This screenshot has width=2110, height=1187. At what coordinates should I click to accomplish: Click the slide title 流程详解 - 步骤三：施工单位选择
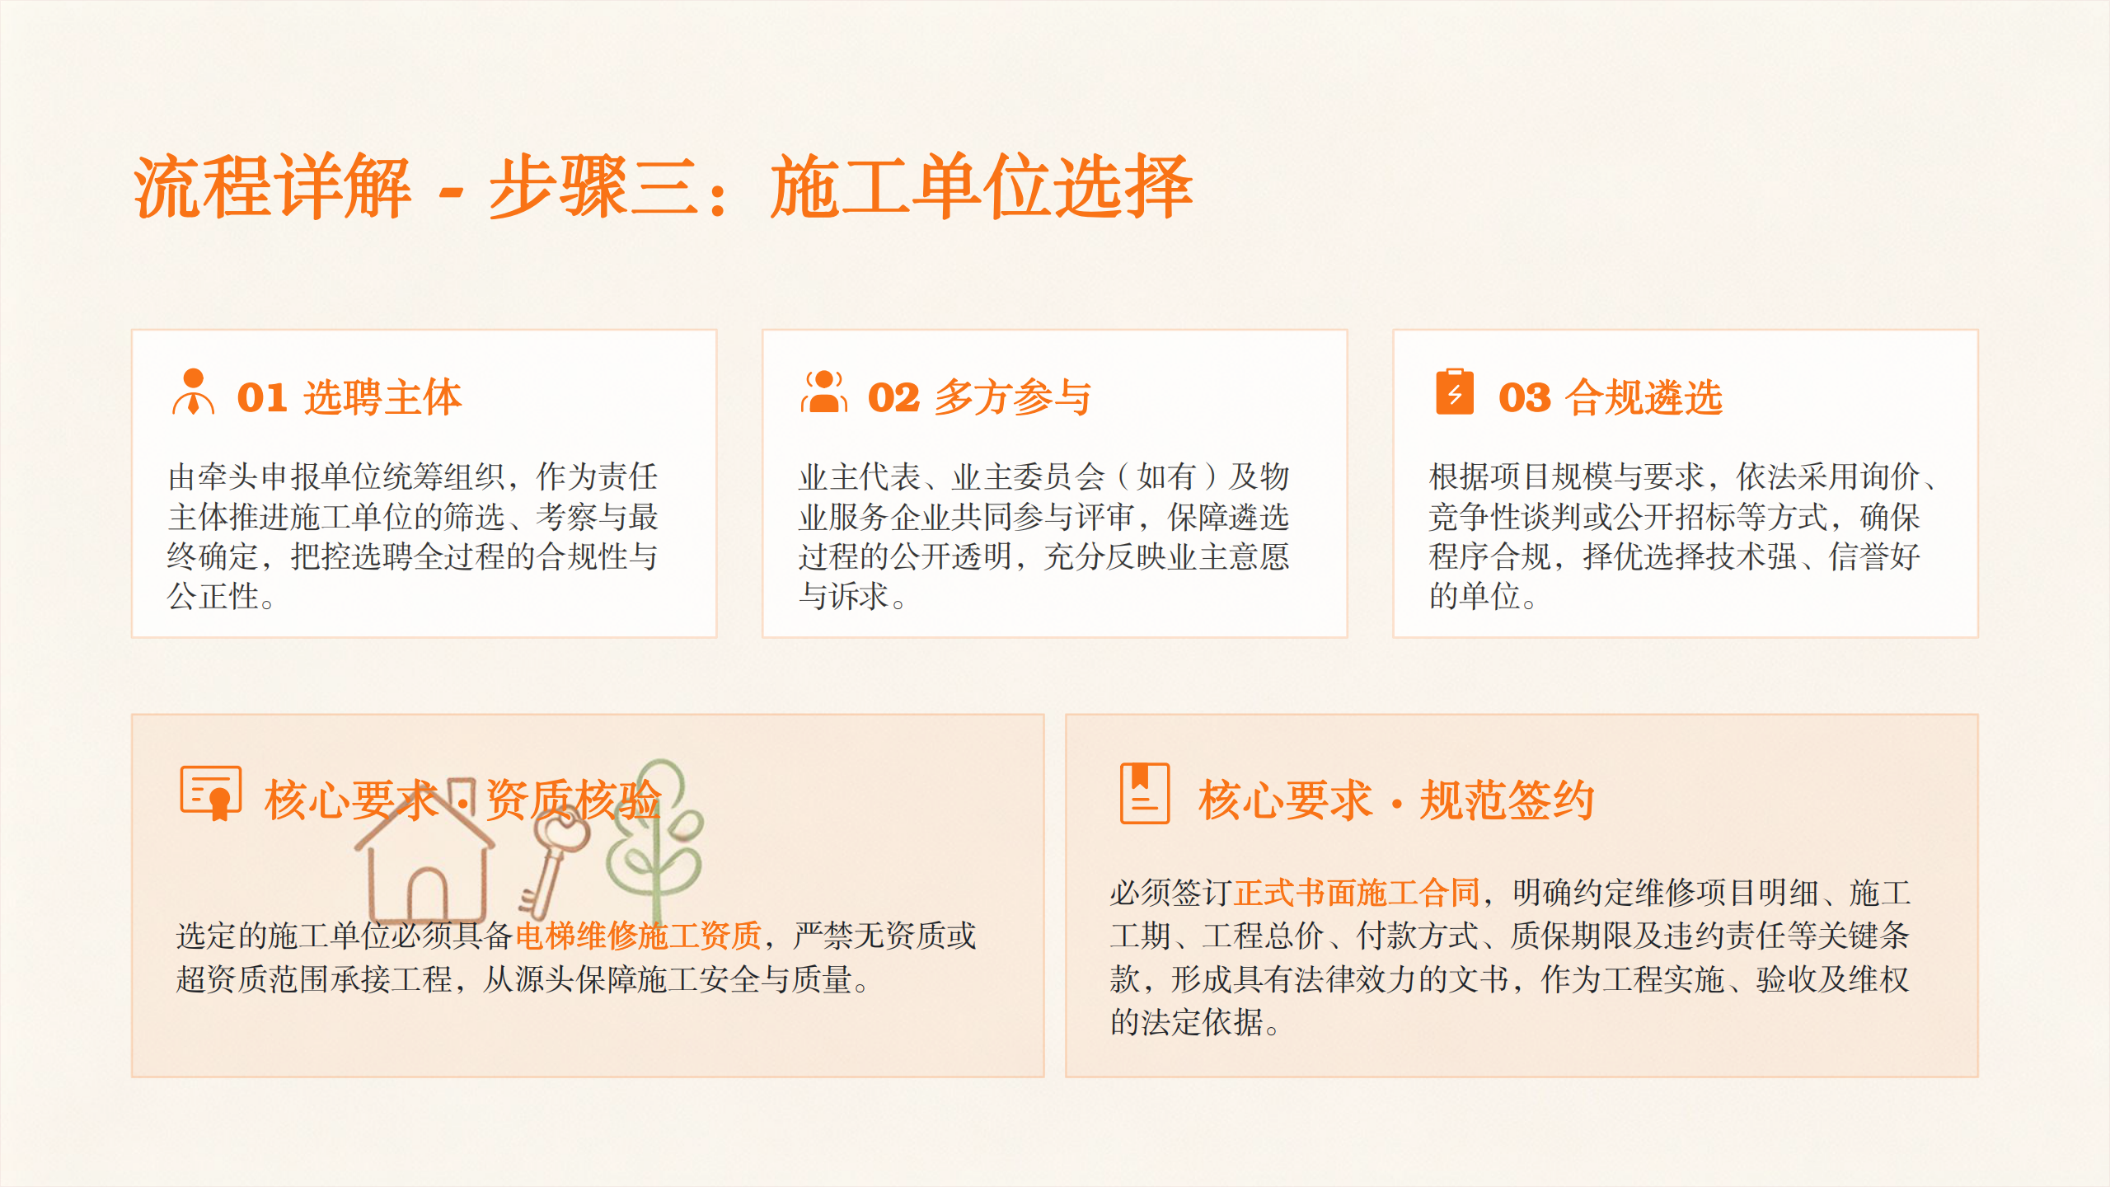click(663, 187)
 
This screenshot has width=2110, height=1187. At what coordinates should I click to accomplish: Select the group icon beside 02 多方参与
click(823, 392)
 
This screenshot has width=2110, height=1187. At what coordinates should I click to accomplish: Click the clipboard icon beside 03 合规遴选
click(1455, 392)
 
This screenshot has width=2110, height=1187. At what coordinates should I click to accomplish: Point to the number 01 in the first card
click(262, 397)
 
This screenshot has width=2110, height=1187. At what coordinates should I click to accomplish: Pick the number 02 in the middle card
click(893, 397)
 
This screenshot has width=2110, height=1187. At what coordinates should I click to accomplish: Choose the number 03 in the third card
click(1525, 397)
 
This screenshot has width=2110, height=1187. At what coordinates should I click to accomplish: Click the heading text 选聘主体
click(383, 397)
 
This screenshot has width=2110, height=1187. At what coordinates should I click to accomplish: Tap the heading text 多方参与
click(1014, 397)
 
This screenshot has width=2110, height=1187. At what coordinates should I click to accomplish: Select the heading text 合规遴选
click(1644, 397)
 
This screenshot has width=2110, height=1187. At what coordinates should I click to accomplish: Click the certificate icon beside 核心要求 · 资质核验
click(211, 793)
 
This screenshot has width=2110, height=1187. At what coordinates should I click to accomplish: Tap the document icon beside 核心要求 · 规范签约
click(1145, 793)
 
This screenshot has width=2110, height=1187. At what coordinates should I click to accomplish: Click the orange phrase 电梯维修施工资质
click(639, 936)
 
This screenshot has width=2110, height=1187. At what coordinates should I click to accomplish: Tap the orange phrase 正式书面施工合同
click(1357, 893)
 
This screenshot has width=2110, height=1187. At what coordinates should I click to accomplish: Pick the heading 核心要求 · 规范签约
click(1396, 800)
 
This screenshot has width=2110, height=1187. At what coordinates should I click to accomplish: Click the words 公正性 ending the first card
click(213, 596)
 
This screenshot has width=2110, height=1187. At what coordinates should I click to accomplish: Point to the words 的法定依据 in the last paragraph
click(1187, 1022)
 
